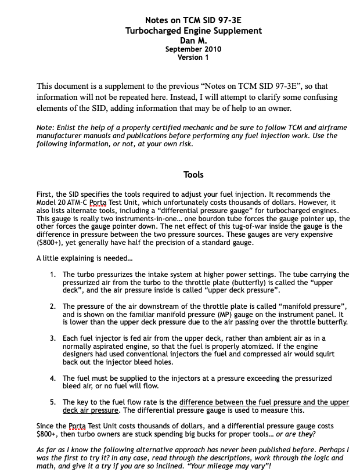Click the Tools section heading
click(x=193, y=174)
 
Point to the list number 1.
click(x=53, y=274)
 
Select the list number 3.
click(x=53, y=337)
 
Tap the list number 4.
click(x=53, y=378)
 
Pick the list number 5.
click(x=53, y=402)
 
